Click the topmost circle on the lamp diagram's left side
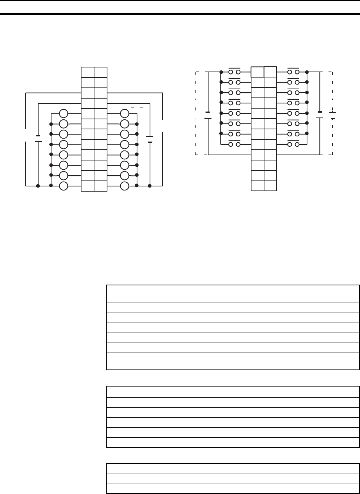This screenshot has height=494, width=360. click(x=64, y=114)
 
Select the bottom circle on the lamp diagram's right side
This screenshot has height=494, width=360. click(x=125, y=186)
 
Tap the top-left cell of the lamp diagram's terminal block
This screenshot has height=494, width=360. click(x=87, y=72)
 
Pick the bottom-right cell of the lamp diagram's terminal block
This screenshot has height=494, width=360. click(x=100, y=186)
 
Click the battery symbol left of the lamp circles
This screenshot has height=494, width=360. click(x=38, y=138)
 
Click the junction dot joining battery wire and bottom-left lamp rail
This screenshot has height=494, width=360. click(x=38, y=185)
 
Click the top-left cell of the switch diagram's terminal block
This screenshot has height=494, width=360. click(x=257, y=72)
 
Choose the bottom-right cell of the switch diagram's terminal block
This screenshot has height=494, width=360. click(x=270, y=186)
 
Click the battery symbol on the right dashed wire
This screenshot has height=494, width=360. click(x=333, y=116)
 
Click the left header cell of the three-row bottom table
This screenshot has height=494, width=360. click(x=154, y=468)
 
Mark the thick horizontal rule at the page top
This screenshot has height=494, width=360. click(x=180, y=14)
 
